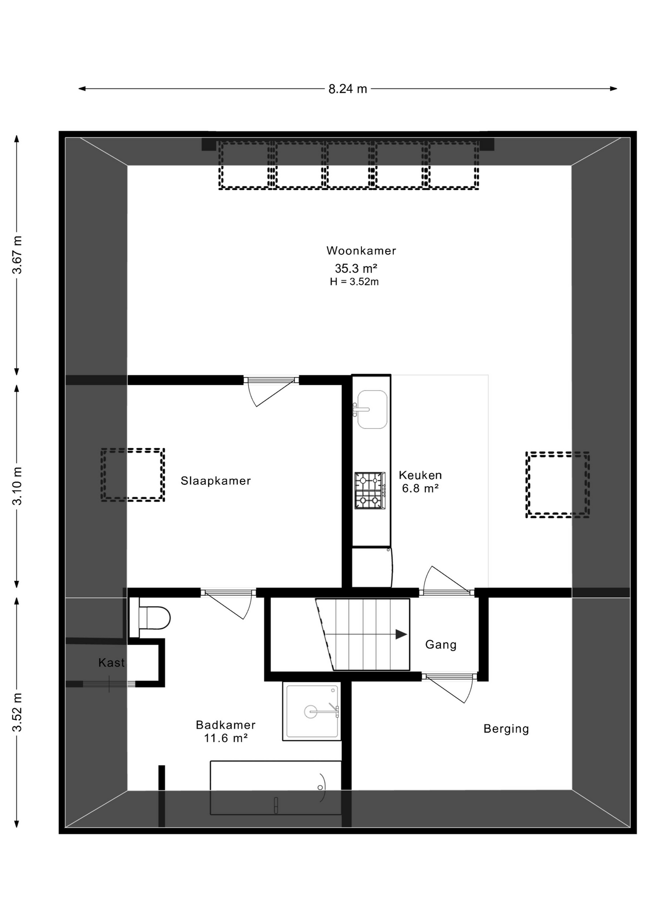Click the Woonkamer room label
(x=361, y=251)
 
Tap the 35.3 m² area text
(x=356, y=268)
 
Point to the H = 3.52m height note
(x=354, y=282)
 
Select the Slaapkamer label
(x=216, y=481)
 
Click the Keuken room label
(x=420, y=475)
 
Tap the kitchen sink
(x=371, y=409)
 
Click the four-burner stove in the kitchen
(x=370, y=491)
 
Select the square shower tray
(x=312, y=711)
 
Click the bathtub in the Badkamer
(x=276, y=787)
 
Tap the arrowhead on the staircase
(x=401, y=634)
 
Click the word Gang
(x=441, y=645)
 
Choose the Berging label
(x=506, y=729)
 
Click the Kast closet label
(x=111, y=663)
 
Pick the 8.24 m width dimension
(x=347, y=89)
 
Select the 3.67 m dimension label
(x=17, y=255)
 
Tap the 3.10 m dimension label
(x=17, y=486)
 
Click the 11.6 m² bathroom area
(x=226, y=738)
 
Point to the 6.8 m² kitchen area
(x=420, y=488)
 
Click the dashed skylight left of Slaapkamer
(x=133, y=475)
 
